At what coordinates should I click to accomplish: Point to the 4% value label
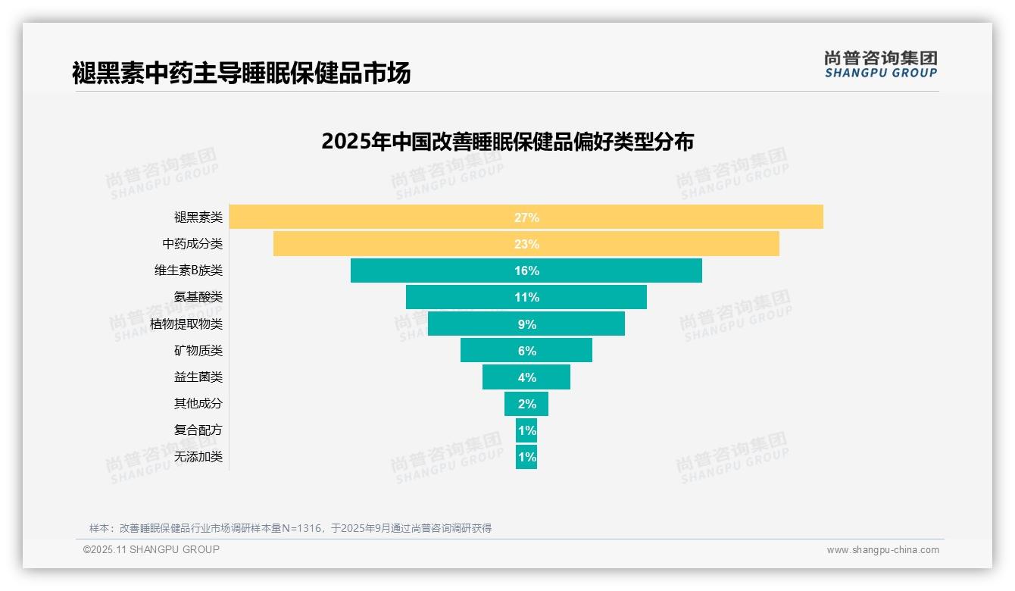pos(526,377)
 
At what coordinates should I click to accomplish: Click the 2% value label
pos(526,404)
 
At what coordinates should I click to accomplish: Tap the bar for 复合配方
pos(526,430)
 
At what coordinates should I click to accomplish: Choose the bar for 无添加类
pos(526,457)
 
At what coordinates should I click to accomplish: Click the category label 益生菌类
pos(198,377)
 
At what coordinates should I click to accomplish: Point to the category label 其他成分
pos(198,404)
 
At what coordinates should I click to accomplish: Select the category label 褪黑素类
pos(198,217)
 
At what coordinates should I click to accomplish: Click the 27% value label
pos(526,217)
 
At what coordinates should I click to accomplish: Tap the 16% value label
pos(526,270)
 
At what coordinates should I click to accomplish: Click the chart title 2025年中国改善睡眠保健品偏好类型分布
pos(507,142)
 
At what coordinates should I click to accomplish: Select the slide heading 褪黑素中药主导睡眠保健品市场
pos(241,73)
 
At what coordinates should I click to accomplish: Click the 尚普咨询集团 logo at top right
pos(881,64)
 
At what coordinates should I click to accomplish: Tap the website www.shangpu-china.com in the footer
pos(882,550)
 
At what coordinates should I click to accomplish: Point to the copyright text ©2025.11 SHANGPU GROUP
pos(151,549)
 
